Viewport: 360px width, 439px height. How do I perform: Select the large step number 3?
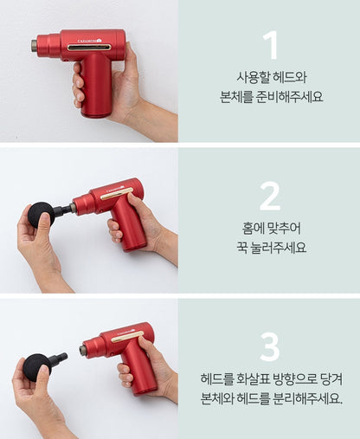[x=270, y=347]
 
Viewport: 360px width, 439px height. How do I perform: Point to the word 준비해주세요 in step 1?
[x=289, y=97]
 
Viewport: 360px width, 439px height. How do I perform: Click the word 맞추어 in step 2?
[x=284, y=229]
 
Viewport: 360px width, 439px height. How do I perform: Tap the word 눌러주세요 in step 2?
[x=278, y=248]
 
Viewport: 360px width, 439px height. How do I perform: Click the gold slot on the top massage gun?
[x=89, y=48]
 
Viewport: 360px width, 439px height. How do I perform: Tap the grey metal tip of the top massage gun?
[x=35, y=46]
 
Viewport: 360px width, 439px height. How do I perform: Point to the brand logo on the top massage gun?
[x=90, y=41]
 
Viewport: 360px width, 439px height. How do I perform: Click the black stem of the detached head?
[x=59, y=358]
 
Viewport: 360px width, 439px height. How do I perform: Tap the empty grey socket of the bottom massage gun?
[x=82, y=350]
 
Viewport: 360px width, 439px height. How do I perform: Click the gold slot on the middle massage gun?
[x=117, y=194]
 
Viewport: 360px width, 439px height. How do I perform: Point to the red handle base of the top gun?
[x=95, y=113]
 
